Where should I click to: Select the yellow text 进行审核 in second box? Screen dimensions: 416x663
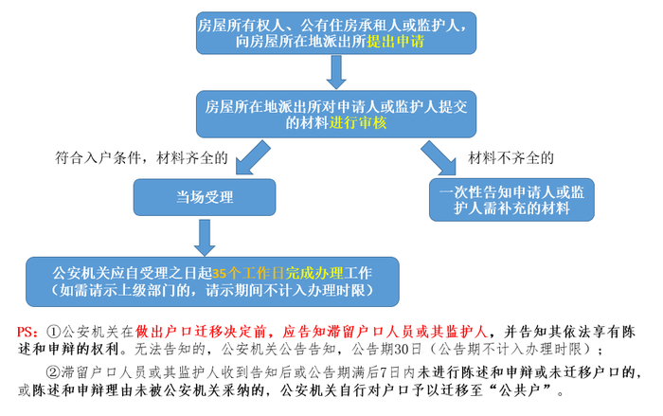pyautogui.click(x=358, y=123)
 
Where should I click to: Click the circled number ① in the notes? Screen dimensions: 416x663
pyautogui.click(x=53, y=332)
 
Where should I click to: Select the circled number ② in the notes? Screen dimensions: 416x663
pyautogui.click(x=53, y=371)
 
